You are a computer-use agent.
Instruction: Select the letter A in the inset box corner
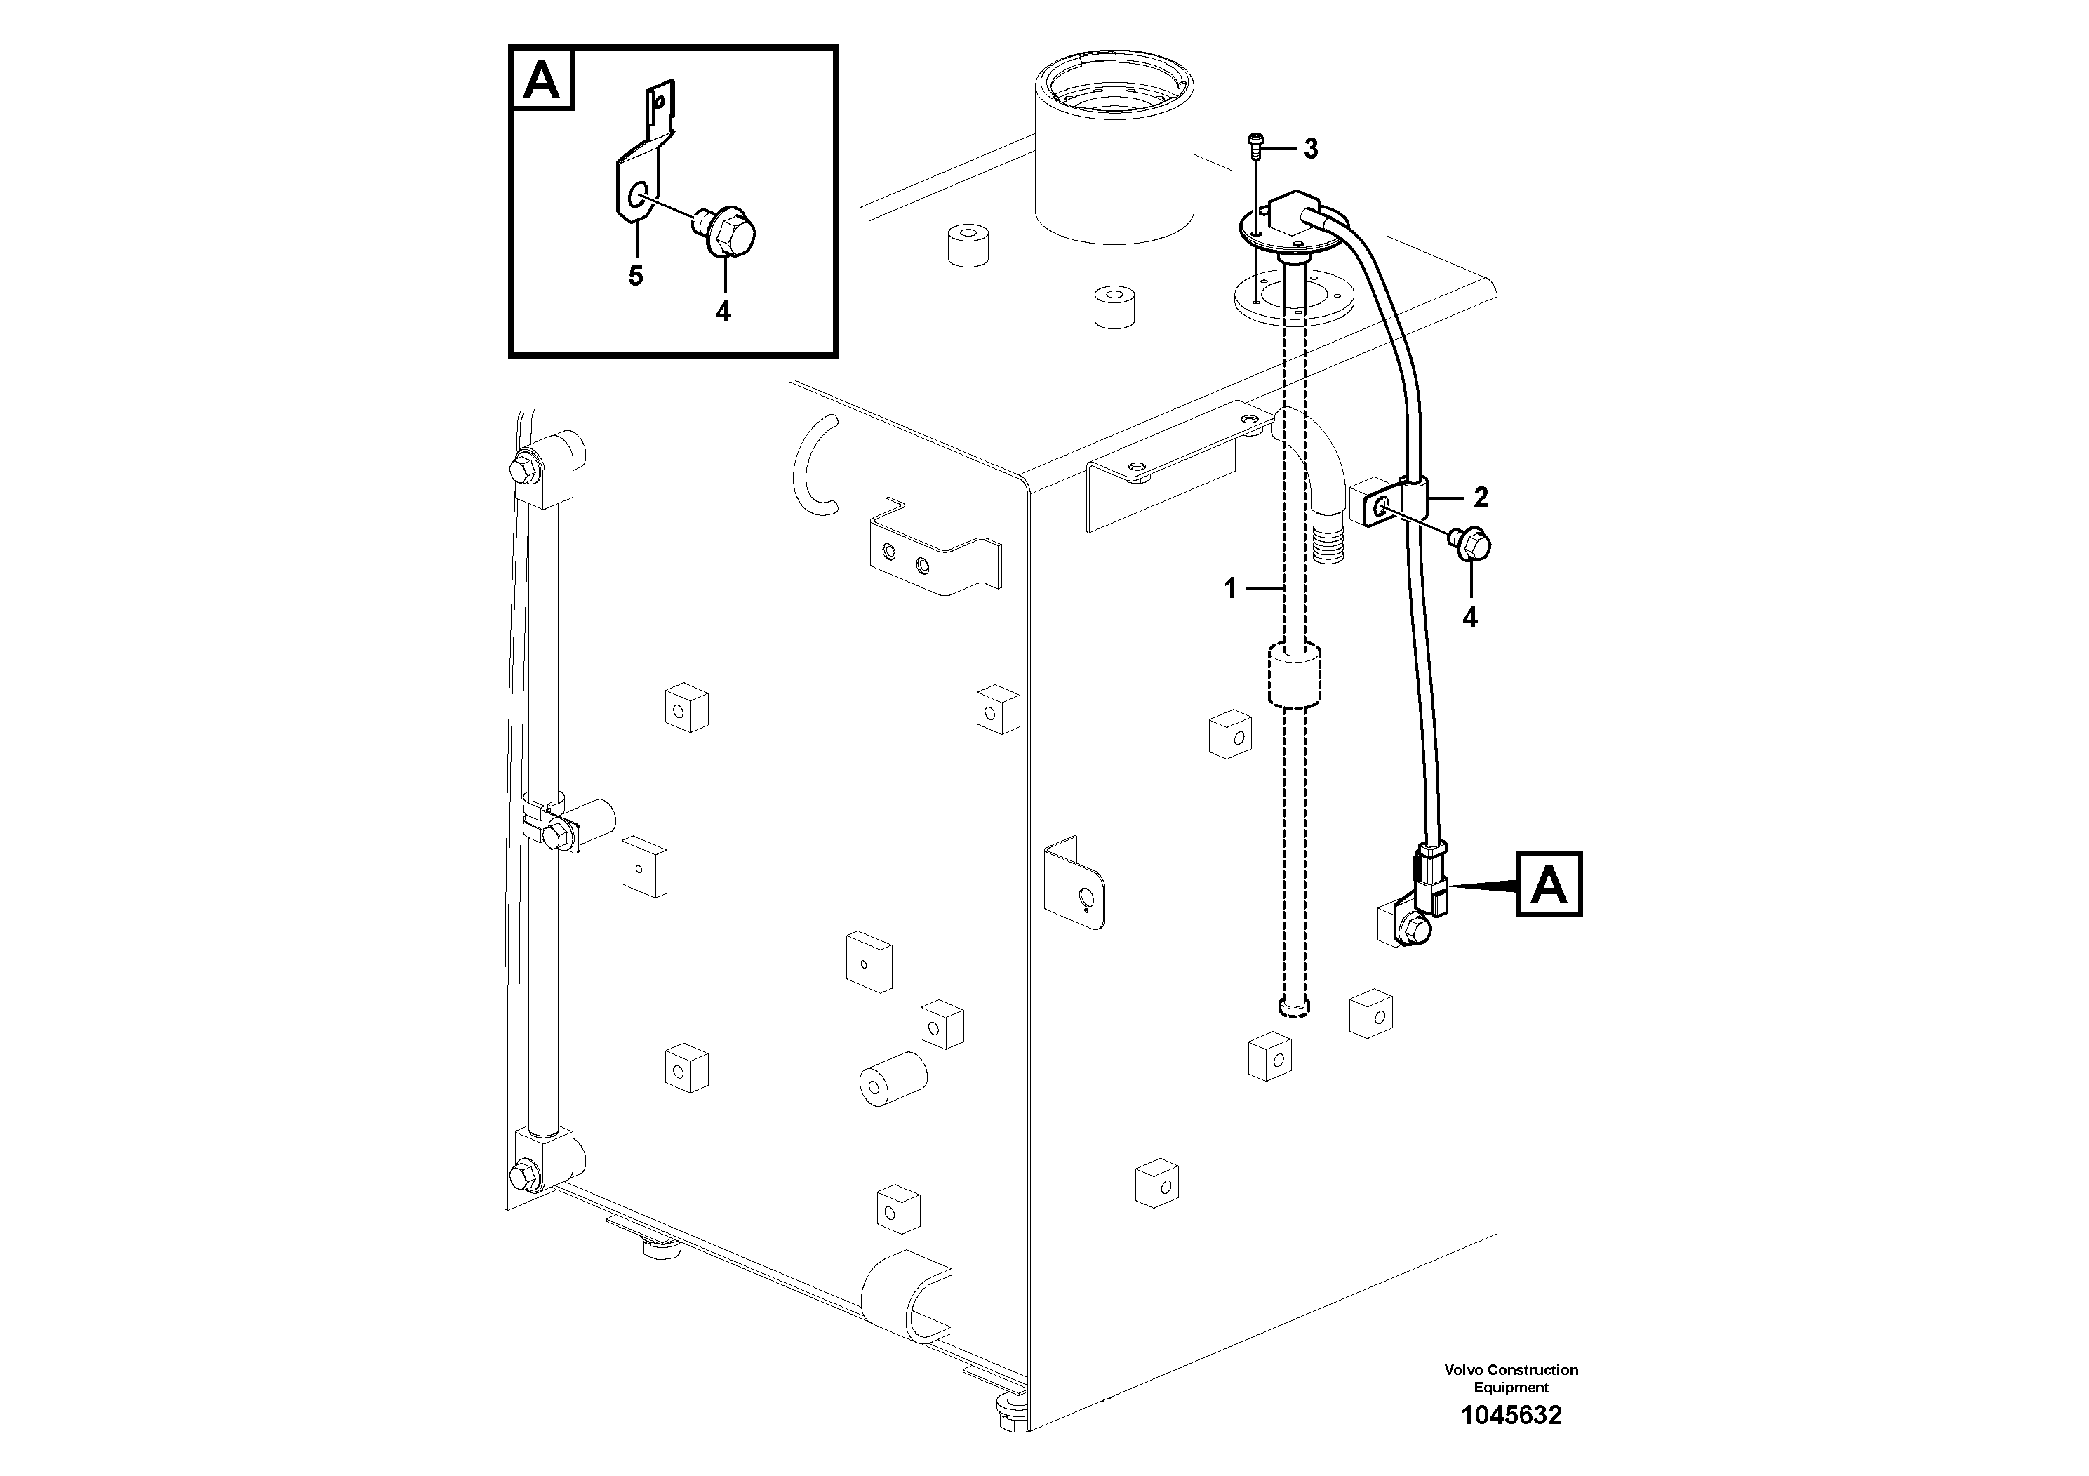tap(542, 81)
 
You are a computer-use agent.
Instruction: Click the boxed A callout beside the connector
tap(1549, 884)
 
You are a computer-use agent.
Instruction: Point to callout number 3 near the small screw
tap(1310, 149)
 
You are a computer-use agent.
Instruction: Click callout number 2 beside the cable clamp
tap(1481, 498)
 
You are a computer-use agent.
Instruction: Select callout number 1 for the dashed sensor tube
tap(1230, 590)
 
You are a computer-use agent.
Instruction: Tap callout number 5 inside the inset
tap(635, 276)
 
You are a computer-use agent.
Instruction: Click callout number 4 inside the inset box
tap(723, 312)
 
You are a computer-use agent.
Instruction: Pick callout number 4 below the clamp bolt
tap(1469, 618)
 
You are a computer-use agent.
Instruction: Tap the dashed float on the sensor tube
tap(1293, 674)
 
